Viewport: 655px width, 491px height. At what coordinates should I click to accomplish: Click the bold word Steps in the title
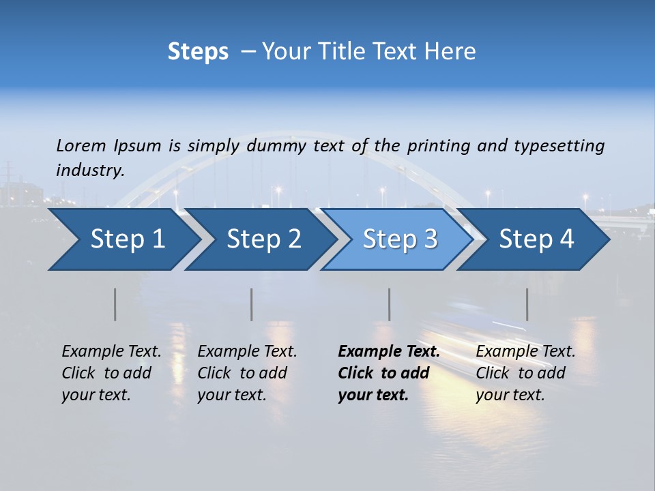198,52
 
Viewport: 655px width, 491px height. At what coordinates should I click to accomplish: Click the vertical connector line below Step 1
115,304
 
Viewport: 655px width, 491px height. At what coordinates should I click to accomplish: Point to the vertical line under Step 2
251,304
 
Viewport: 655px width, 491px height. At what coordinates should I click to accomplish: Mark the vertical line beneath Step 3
389,304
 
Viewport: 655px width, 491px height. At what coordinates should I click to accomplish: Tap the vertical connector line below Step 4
527,304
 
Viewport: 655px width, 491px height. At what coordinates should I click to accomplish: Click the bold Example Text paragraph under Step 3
389,373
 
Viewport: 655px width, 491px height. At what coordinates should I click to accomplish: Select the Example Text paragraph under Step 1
111,373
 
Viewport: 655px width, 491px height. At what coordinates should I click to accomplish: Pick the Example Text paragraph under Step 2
247,373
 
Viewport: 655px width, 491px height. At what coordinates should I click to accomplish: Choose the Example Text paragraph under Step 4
525,373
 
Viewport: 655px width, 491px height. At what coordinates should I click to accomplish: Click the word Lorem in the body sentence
81,146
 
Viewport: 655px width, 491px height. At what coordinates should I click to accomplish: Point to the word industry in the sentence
90,170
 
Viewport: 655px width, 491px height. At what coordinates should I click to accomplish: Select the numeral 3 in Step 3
430,239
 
